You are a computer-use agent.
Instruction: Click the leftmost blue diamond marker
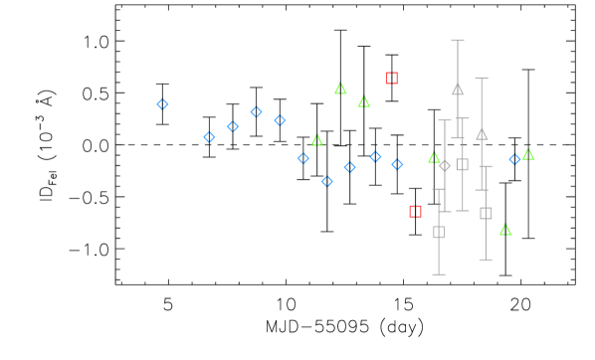tap(162, 104)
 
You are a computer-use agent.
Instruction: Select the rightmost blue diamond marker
tap(514, 159)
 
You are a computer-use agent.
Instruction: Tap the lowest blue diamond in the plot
tap(326, 181)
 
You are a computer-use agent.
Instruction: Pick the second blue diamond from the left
tap(209, 137)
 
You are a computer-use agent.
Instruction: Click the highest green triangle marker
tap(340, 89)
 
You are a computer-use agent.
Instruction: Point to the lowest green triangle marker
tap(505, 230)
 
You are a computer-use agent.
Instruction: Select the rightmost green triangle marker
tap(528, 154)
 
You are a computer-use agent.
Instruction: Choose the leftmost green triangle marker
tap(316, 140)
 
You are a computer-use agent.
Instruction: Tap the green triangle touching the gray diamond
tap(434, 157)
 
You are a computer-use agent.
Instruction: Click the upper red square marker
tap(392, 78)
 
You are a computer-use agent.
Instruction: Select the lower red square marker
tap(415, 211)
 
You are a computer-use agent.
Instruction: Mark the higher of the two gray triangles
tap(458, 89)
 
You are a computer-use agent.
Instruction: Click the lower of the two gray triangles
tap(482, 133)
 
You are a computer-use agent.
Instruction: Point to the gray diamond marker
tap(445, 166)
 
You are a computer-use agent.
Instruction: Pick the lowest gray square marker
tap(439, 232)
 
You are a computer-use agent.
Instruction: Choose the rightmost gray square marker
tap(486, 213)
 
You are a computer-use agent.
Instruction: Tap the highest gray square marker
tap(462, 164)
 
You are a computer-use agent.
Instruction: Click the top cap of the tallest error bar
tap(458, 41)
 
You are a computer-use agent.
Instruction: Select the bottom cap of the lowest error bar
tap(439, 274)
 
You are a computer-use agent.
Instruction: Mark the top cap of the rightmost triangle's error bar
tap(482, 78)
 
